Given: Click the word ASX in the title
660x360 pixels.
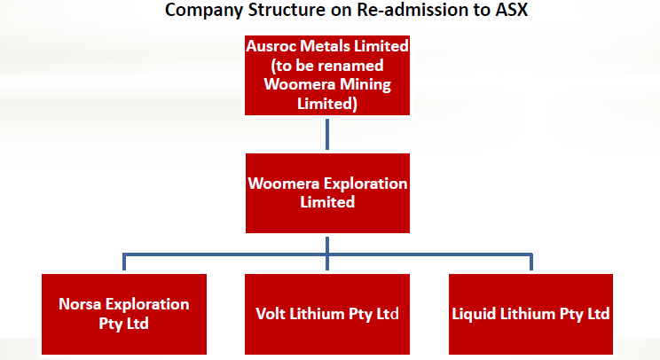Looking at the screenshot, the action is tap(511, 10).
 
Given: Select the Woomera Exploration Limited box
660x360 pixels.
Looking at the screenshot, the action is tap(327, 193).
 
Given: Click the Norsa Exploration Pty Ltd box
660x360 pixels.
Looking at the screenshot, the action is tap(124, 314).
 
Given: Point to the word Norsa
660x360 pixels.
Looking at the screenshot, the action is tap(80, 304).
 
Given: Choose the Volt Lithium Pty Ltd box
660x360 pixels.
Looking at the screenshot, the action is tap(327, 314).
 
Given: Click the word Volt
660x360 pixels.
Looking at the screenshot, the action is tap(271, 314).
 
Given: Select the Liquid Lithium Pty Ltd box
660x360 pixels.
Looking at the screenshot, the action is tap(530, 314).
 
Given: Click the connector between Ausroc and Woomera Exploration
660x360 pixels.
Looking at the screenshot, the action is tap(327, 134).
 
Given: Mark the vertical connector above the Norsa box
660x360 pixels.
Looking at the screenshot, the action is tap(124, 262).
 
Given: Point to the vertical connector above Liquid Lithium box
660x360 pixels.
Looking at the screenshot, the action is tap(531, 262).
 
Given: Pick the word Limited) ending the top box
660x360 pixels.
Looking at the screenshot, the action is tap(327, 104).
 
